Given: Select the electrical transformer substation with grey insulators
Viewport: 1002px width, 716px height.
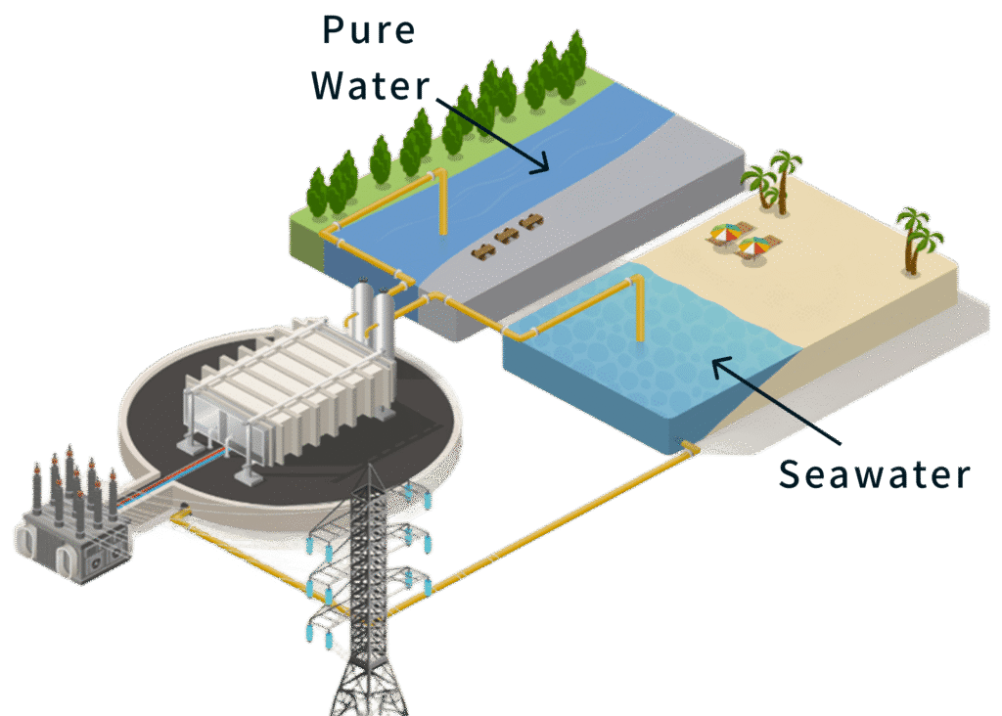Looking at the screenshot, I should pos(72,518).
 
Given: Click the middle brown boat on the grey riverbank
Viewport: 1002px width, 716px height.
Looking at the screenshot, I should pos(506,235).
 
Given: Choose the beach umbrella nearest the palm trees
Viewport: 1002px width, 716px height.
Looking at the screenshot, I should pos(726,233).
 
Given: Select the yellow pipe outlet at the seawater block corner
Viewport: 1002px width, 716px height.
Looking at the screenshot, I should pos(689,449).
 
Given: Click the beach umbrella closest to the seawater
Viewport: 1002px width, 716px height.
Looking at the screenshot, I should pos(751,248).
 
